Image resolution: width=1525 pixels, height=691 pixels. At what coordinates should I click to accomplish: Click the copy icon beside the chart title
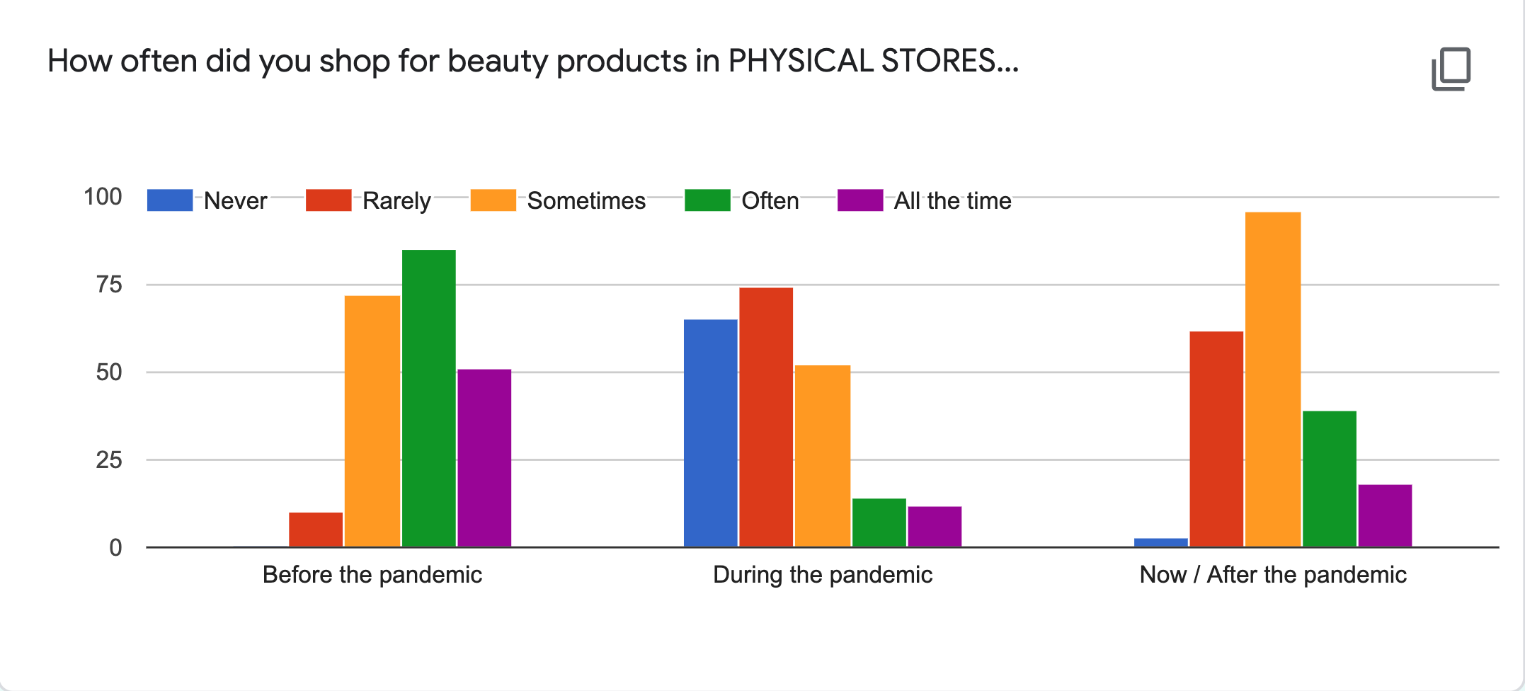(1451, 69)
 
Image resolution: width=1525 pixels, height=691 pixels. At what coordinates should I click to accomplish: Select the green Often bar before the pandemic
(429, 398)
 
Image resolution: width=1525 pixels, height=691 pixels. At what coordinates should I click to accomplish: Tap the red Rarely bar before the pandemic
(316, 530)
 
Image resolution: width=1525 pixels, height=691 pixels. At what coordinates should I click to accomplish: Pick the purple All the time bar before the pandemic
(484, 458)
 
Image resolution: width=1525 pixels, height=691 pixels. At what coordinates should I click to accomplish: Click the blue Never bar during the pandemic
(711, 433)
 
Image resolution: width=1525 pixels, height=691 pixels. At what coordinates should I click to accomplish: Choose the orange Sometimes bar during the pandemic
(823, 456)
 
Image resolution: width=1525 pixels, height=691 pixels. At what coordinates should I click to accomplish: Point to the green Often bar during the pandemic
(879, 522)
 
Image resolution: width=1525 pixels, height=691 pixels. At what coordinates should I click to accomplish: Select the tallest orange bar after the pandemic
(1273, 379)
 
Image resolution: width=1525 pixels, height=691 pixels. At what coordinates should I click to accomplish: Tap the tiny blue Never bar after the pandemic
(1161, 542)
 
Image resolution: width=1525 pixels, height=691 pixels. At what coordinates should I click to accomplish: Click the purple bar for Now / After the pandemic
(1385, 515)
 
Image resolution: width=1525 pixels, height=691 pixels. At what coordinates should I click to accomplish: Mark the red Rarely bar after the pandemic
(1216, 439)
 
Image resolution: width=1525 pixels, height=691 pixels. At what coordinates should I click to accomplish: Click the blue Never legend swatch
(170, 200)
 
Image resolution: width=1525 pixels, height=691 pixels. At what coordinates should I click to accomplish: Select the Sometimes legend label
(586, 201)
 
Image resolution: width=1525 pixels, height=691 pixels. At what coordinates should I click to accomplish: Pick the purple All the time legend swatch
(860, 200)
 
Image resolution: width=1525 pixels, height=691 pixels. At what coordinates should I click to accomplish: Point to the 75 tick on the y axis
(109, 285)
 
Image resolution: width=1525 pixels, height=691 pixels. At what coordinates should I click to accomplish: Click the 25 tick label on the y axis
(109, 460)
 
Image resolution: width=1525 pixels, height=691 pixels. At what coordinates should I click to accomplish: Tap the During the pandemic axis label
(823, 575)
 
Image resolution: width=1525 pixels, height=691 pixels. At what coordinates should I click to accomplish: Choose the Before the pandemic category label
(372, 575)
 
